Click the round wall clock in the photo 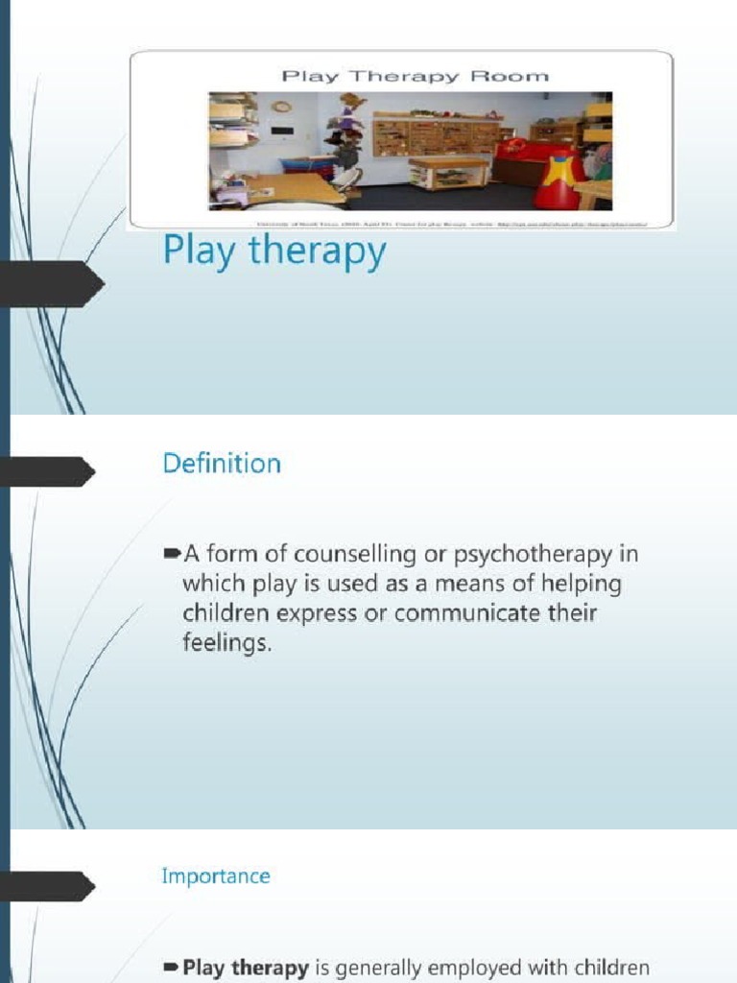tap(280, 107)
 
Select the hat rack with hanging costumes tap(347, 134)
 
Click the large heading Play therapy tap(274, 252)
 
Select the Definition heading tap(222, 464)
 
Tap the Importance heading tap(216, 875)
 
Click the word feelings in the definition tap(226, 644)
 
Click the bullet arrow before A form tap(172, 554)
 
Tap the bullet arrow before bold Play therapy tap(172, 967)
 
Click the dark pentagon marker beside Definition tap(48, 471)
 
